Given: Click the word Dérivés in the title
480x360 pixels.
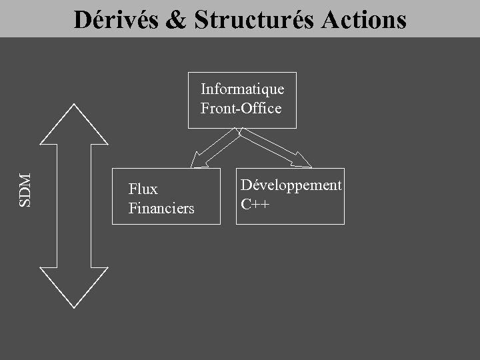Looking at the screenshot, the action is tap(115, 20).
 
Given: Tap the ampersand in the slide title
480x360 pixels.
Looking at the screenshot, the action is tap(176, 20).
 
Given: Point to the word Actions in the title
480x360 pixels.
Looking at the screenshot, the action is tap(364, 20).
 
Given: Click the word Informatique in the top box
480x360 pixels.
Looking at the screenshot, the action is tap(243, 89).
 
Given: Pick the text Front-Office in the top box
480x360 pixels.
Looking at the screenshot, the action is tap(241, 108).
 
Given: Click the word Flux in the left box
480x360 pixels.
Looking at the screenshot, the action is tap(143, 189).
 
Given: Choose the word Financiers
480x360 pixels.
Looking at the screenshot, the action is tap(161, 209).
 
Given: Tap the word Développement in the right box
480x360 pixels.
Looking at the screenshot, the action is tap(291, 185).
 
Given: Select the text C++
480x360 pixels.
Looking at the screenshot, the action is tap(255, 204).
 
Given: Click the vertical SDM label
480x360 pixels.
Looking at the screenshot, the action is tap(26, 190).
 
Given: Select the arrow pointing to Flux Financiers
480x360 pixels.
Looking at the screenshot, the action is tap(213, 147).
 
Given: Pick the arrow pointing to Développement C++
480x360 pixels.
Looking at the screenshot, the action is tap(275, 147).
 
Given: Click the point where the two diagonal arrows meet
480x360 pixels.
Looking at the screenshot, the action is tap(240, 131).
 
